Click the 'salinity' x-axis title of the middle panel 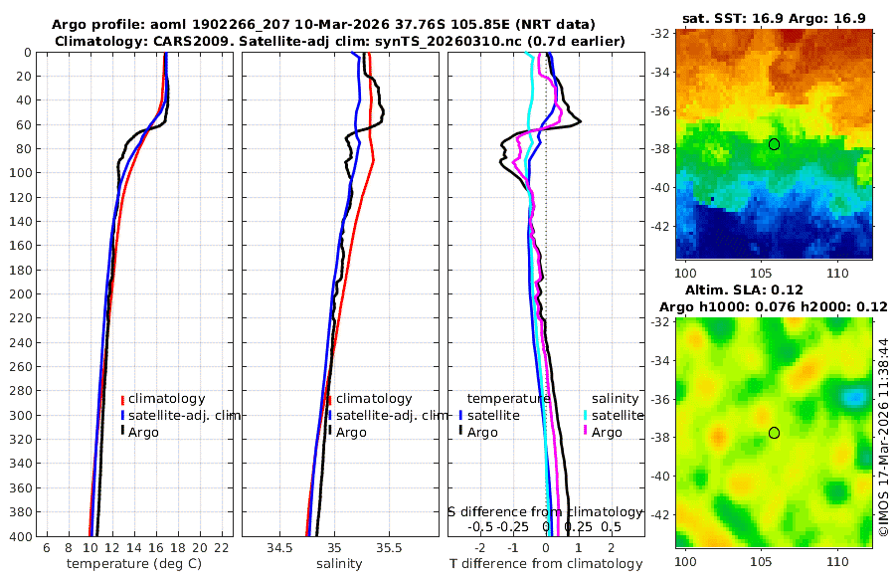pyautogui.click(x=338, y=564)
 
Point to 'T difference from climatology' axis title pyautogui.click(x=546, y=564)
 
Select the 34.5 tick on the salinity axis pyautogui.click(x=280, y=548)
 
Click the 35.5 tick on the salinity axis pyautogui.click(x=391, y=548)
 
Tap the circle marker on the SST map pyautogui.click(x=774, y=144)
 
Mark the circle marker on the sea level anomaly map pyautogui.click(x=774, y=433)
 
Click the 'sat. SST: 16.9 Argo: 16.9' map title pyautogui.click(x=774, y=18)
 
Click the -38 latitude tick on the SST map pyautogui.click(x=660, y=149)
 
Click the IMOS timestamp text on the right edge pyautogui.click(x=883, y=438)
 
